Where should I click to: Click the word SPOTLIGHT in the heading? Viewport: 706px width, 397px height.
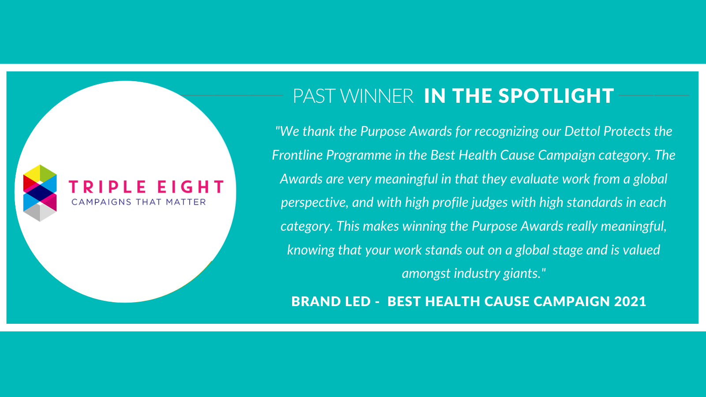556,96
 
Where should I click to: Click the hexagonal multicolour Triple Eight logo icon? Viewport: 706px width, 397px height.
40,193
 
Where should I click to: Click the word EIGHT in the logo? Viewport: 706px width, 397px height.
191,187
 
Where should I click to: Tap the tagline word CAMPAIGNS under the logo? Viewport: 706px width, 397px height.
101,202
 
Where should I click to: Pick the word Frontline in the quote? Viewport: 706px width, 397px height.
297,155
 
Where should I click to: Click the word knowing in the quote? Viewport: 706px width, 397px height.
311,250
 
